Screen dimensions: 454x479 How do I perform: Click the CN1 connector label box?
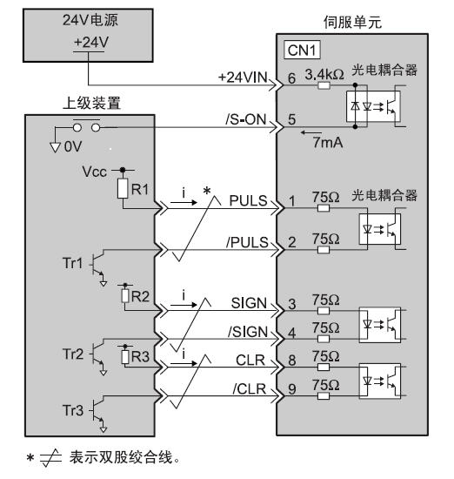(302, 51)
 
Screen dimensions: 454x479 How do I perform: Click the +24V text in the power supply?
(91, 42)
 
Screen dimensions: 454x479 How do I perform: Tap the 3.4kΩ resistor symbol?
(324, 85)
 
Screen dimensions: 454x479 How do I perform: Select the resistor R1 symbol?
(123, 188)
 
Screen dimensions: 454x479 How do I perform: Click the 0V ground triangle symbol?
(55, 147)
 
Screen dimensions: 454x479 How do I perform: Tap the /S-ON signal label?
(246, 119)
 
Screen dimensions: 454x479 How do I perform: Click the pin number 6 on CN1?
(291, 78)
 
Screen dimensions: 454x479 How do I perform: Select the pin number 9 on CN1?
(292, 389)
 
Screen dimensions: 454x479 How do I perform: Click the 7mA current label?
(328, 142)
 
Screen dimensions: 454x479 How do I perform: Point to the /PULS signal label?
(247, 242)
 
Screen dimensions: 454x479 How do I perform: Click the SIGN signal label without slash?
(249, 303)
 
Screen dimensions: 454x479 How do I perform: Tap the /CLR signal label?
(250, 389)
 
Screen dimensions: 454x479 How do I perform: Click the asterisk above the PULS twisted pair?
(207, 191)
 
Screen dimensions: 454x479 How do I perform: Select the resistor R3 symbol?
(125, 356)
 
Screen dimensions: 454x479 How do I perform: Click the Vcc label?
(94, 172)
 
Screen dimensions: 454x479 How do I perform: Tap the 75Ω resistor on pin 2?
(324, 250)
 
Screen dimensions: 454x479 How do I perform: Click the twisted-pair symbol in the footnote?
(50, 458)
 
